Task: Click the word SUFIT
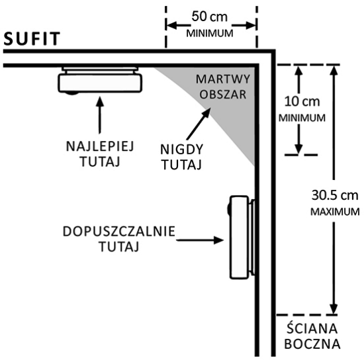tap(32, 38)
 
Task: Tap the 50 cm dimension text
tap(209, 17)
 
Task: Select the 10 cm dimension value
tap(302, 102)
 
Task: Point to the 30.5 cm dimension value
tap(335, 195)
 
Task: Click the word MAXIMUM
tap(335, 212)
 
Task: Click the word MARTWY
tap(223, 79)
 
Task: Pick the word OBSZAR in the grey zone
tap(223, 95)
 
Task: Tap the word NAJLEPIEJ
tap(100, 146)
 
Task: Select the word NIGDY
tap(182, 150)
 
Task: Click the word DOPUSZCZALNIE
tap(119, 232)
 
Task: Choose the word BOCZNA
tap(312, 344)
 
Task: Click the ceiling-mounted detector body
tap(100, 83)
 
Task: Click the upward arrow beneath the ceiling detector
tap(100, 115)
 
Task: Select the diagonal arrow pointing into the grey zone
tap(199, 124)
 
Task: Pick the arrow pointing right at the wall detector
tap(200, 240)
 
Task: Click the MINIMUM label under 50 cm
tap(210, 34)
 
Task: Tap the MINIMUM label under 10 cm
tap(302, 118)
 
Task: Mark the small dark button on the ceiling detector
tap(71, 93)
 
